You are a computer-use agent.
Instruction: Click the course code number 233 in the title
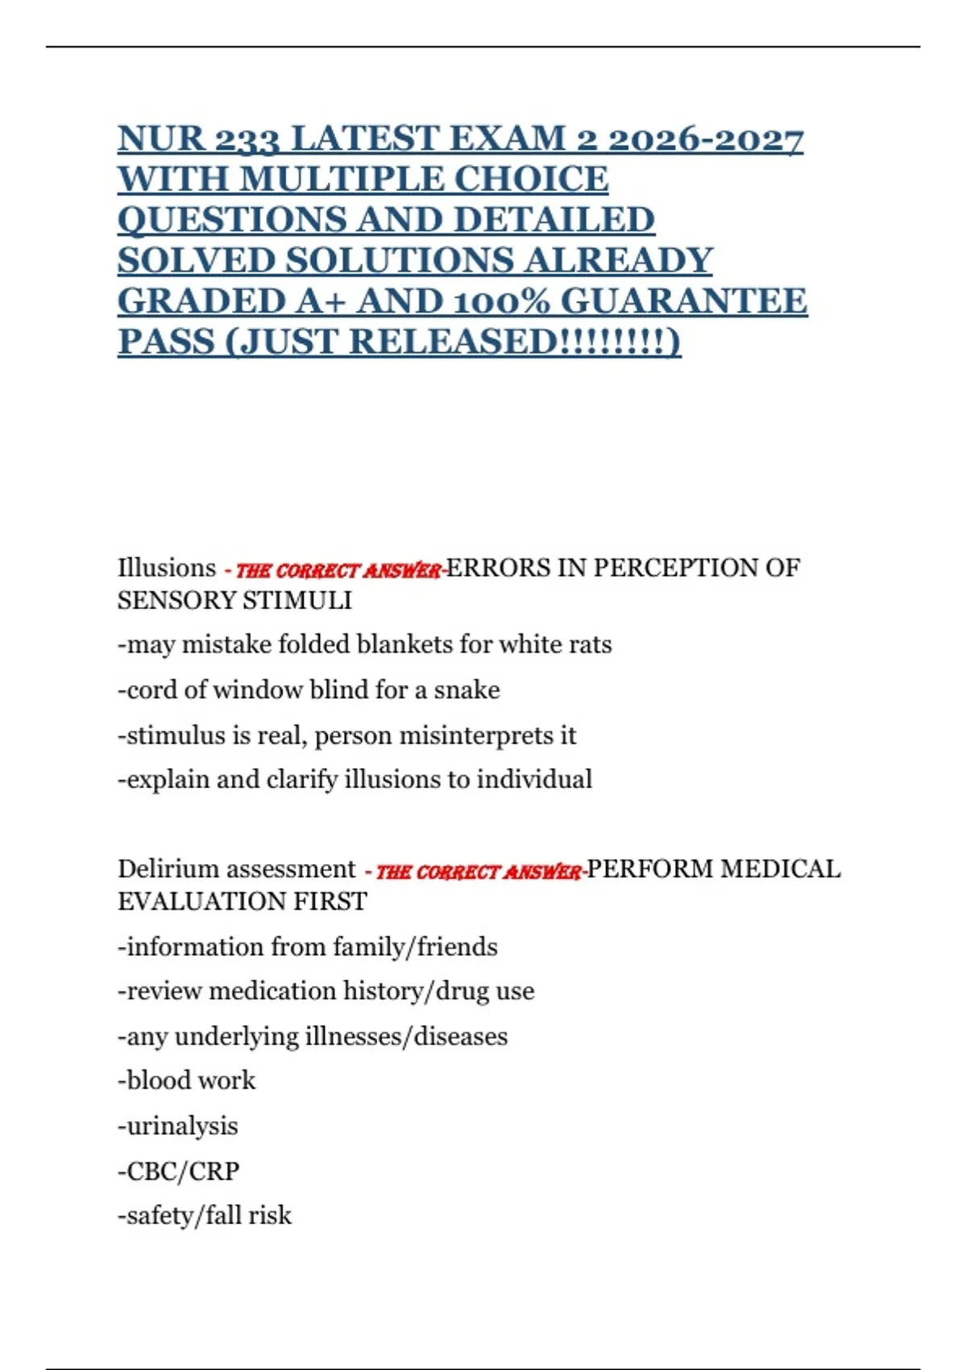coord(245,139)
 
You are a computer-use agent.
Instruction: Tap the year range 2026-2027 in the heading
coord(705,139)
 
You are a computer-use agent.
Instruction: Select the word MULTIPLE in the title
coord(347,179)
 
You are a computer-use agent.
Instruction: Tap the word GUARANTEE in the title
coord(683,301)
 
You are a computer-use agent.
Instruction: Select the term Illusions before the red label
coord(167,568)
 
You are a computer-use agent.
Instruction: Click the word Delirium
coord(168,869)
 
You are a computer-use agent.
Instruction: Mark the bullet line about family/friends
coord(308,947)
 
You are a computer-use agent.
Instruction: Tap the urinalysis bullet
coord(178,1126)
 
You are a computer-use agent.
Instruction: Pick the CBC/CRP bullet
coord(179,1171)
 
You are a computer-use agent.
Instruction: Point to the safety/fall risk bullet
coord(205,1215)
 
